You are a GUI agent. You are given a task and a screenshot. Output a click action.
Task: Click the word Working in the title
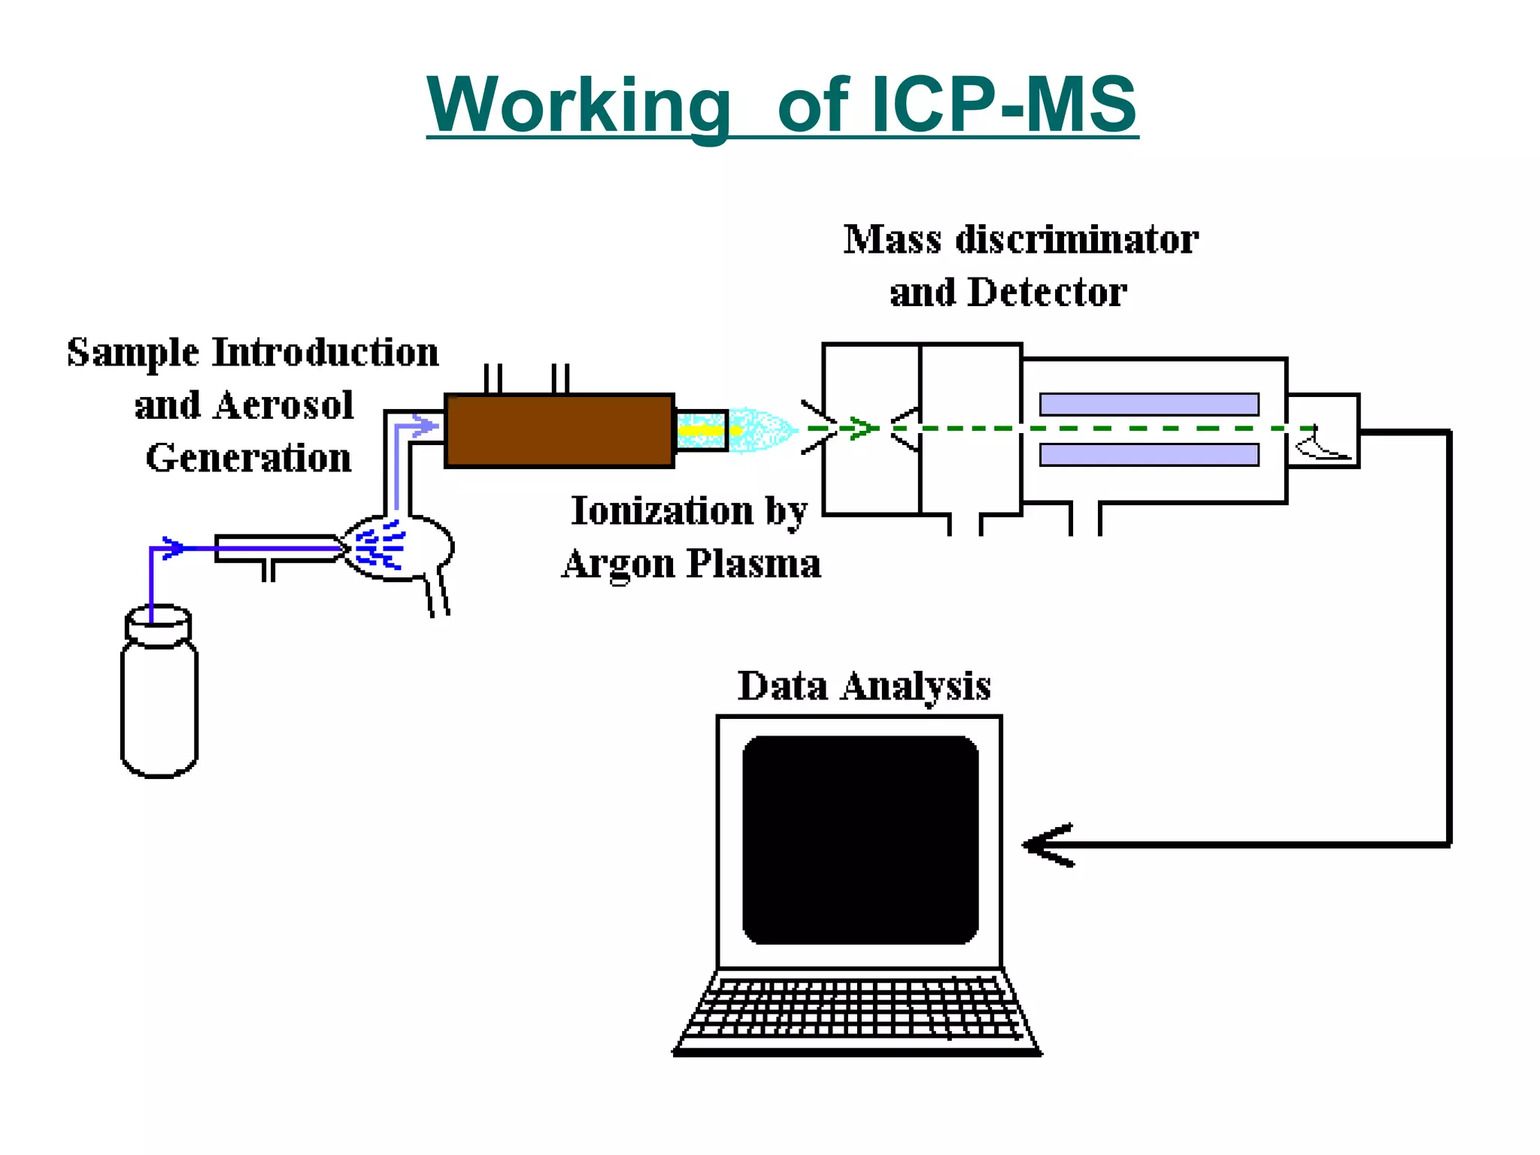pos(579,105)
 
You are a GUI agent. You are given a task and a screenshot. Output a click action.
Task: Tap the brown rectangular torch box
pos(559,431)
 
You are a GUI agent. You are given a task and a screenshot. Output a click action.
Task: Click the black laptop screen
pos(860,840)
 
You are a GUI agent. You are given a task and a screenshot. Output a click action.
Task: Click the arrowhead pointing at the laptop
pos(1045,845)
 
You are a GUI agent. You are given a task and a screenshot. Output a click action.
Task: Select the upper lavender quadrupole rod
pos(1149,405)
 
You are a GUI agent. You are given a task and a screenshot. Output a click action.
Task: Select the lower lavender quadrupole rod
pos(1149,455)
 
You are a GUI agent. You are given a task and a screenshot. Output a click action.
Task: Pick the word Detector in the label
pos(1047,293)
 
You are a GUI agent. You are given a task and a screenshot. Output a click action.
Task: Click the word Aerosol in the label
pos(283,406)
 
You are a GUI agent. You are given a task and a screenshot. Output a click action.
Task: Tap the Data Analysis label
pos(864,686)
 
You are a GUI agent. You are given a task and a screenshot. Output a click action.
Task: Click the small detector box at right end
pos(1323,431)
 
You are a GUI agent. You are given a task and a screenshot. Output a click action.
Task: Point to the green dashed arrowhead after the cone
pos(865,429)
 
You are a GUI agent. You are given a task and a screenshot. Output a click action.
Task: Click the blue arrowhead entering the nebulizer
pos(174,547)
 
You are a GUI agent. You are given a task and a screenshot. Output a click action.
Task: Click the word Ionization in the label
pos(662,511)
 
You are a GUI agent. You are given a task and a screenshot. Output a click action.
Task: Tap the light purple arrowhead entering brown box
pos(427,427)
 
